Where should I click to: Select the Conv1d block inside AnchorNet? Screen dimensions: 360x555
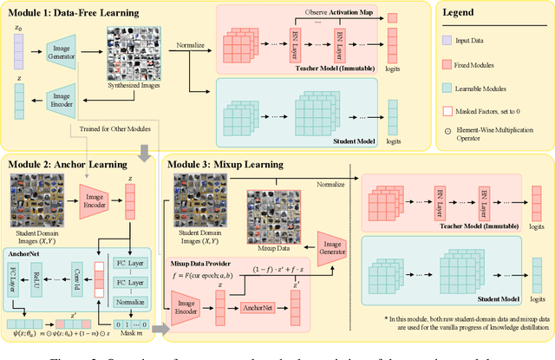pyautogui.click(x=76, y=278)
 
